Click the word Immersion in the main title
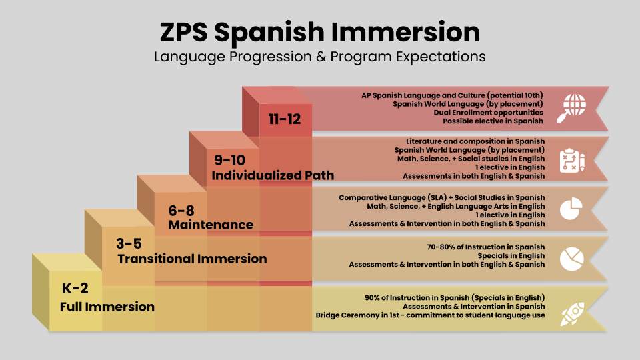click(405, 32)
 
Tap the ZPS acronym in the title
click(184, 32)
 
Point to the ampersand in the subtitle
click(321, 56)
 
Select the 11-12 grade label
click(285, 119)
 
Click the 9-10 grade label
click(230, 160)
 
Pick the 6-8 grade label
click(181, 211)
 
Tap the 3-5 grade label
click(129, 244)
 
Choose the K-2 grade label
click(75, 288)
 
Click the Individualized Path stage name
click(273, 175)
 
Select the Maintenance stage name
click(211, 225)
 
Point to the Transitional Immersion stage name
click(192, 259)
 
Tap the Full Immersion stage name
click(107, 307)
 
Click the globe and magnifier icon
click(571, 108)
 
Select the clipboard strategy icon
click(572, 161)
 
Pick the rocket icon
click(572, 314)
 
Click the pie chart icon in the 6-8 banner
click(571, 209)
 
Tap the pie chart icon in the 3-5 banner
click(572, 259)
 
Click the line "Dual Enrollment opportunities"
click(488, 112)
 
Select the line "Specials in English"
click(511, 255)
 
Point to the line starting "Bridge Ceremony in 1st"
click(430, 315)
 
